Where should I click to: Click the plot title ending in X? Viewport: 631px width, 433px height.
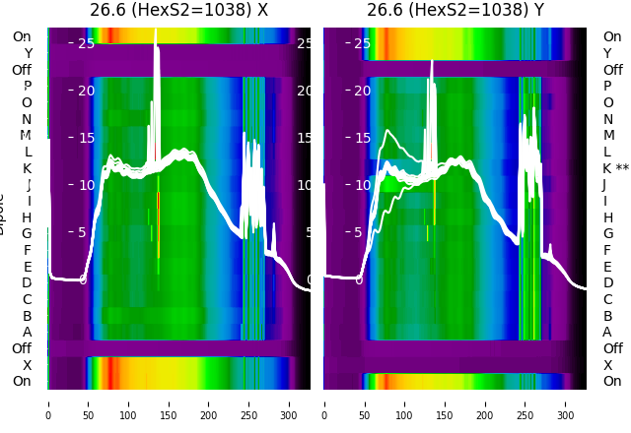[178, 11]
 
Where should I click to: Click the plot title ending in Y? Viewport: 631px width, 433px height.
[455, 11]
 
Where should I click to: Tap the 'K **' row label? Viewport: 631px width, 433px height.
[615, 168]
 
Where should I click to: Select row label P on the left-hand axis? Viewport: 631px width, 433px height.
[27, 87]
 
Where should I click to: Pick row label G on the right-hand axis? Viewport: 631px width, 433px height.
[608, 234]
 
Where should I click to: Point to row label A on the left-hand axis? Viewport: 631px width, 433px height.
[27, 333]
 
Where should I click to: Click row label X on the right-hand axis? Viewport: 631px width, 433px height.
[608, 365]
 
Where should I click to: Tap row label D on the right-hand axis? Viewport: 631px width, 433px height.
[608, 283]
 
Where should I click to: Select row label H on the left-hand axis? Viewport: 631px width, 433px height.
[27, 217]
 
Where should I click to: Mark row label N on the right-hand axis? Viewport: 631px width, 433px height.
[608, 119]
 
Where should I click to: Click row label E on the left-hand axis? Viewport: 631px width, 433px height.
[27, 267]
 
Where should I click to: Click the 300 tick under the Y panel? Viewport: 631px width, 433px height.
[566, 402]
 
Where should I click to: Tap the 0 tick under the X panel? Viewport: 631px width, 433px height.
[48, 402]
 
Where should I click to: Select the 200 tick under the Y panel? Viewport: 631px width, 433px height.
[485, 402]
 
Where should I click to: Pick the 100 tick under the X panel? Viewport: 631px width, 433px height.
[128, 402]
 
